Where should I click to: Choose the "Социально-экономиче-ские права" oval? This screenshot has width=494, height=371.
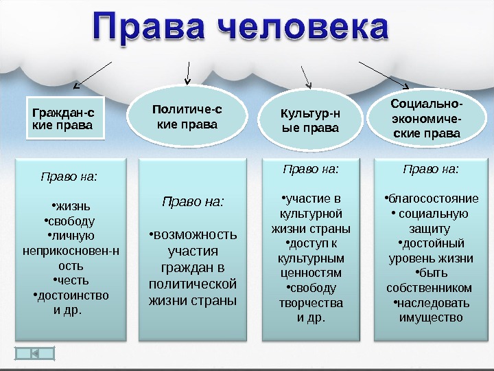427,117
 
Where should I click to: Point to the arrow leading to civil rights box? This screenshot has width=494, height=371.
93,75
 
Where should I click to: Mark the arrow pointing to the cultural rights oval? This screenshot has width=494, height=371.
306,76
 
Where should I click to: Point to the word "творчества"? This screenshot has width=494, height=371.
310,302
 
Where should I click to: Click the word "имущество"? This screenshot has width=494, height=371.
430,317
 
